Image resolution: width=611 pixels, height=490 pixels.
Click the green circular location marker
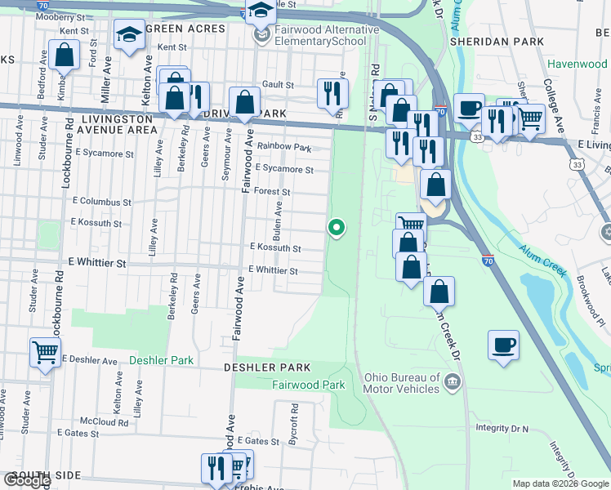pos(336,228)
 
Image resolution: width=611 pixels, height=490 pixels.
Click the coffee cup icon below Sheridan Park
pos(469,107)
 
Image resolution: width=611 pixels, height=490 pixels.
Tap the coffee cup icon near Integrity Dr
pos(503,343)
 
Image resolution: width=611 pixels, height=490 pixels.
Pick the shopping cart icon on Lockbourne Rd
pos(45,353)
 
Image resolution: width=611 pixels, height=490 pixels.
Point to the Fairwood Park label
pos(308,385)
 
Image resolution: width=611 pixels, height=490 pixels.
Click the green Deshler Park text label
pos(161,359)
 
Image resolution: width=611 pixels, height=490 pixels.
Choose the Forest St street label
pos(272,192)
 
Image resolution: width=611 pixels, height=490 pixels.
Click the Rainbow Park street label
pos(284,148)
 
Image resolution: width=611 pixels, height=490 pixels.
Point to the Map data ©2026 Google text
pos(560,483)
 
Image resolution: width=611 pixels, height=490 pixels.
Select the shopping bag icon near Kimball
pos(64,56)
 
